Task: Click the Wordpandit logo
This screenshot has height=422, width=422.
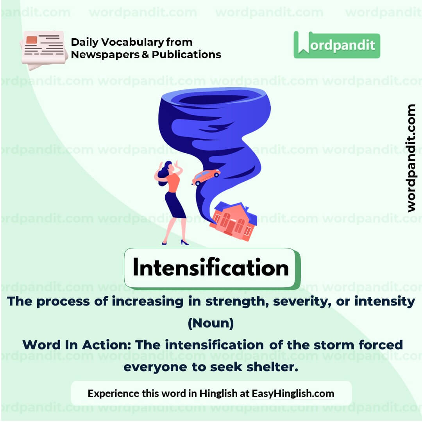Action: click(336, 45)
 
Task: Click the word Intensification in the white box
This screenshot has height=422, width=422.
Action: click(211, 268)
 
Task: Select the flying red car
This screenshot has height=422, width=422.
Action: click(206, 176)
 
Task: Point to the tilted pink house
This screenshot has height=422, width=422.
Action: click(233, 220)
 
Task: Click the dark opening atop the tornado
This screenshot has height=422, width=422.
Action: click(213, 99)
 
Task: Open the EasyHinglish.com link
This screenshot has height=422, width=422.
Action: click(293, 393)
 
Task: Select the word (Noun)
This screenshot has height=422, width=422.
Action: click(211, 324)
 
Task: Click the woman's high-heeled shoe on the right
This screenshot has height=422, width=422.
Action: click(184, 243)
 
